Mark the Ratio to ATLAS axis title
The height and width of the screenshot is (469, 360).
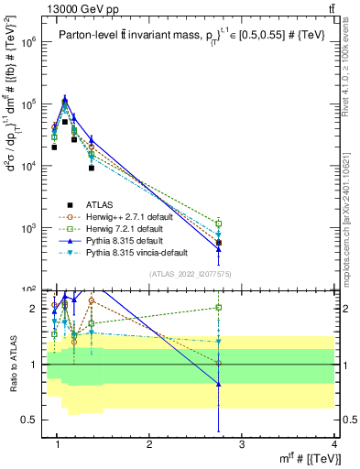13,364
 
